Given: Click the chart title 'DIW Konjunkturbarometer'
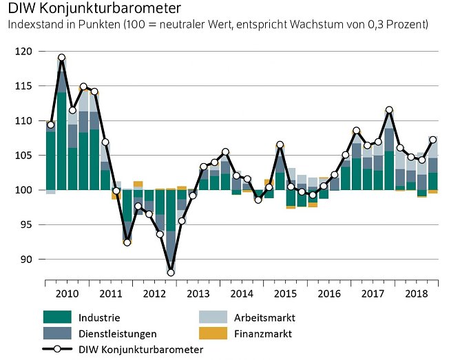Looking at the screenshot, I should point(95,9).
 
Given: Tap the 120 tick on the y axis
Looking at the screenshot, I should point(25,52).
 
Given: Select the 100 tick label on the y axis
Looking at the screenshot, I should point(25,190).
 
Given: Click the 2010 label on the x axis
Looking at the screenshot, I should point(66,295).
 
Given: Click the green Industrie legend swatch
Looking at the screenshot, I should point(57,318).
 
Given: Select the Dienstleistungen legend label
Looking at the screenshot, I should point(118,334).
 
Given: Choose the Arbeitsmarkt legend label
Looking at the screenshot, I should point(266,318).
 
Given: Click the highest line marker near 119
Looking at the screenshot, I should point(62,58).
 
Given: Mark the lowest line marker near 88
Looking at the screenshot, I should point(171,273).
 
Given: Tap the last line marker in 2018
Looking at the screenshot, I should point(433,140).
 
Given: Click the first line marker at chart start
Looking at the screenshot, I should point(51,125).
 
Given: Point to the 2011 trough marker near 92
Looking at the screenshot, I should point(127,242).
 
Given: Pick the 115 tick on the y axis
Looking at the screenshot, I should point(25,86).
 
